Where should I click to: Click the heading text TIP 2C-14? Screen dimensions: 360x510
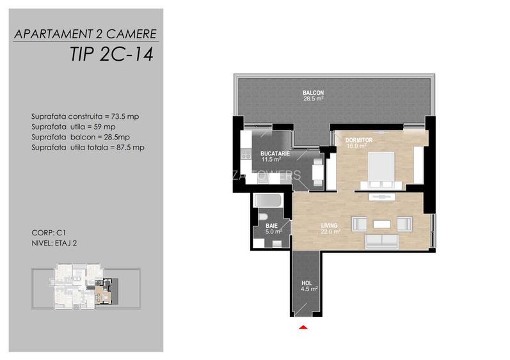pyautogui.click(x=109, y=54)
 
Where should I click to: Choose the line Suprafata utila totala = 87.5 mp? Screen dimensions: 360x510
pyautogui.click(x=88, y=147)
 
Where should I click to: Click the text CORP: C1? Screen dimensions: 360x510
pyautogui.click(x=44, y=234)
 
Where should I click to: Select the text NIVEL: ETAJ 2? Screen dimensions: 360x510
pyautogui.click(x=53, y=244)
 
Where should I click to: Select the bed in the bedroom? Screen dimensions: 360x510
pyautogui.click(x=381, y=169)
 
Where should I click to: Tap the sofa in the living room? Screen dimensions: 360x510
pyautogui.click(x=382, y=241)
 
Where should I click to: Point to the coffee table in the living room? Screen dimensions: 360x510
pyautogui.click(x=381, y=224)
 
